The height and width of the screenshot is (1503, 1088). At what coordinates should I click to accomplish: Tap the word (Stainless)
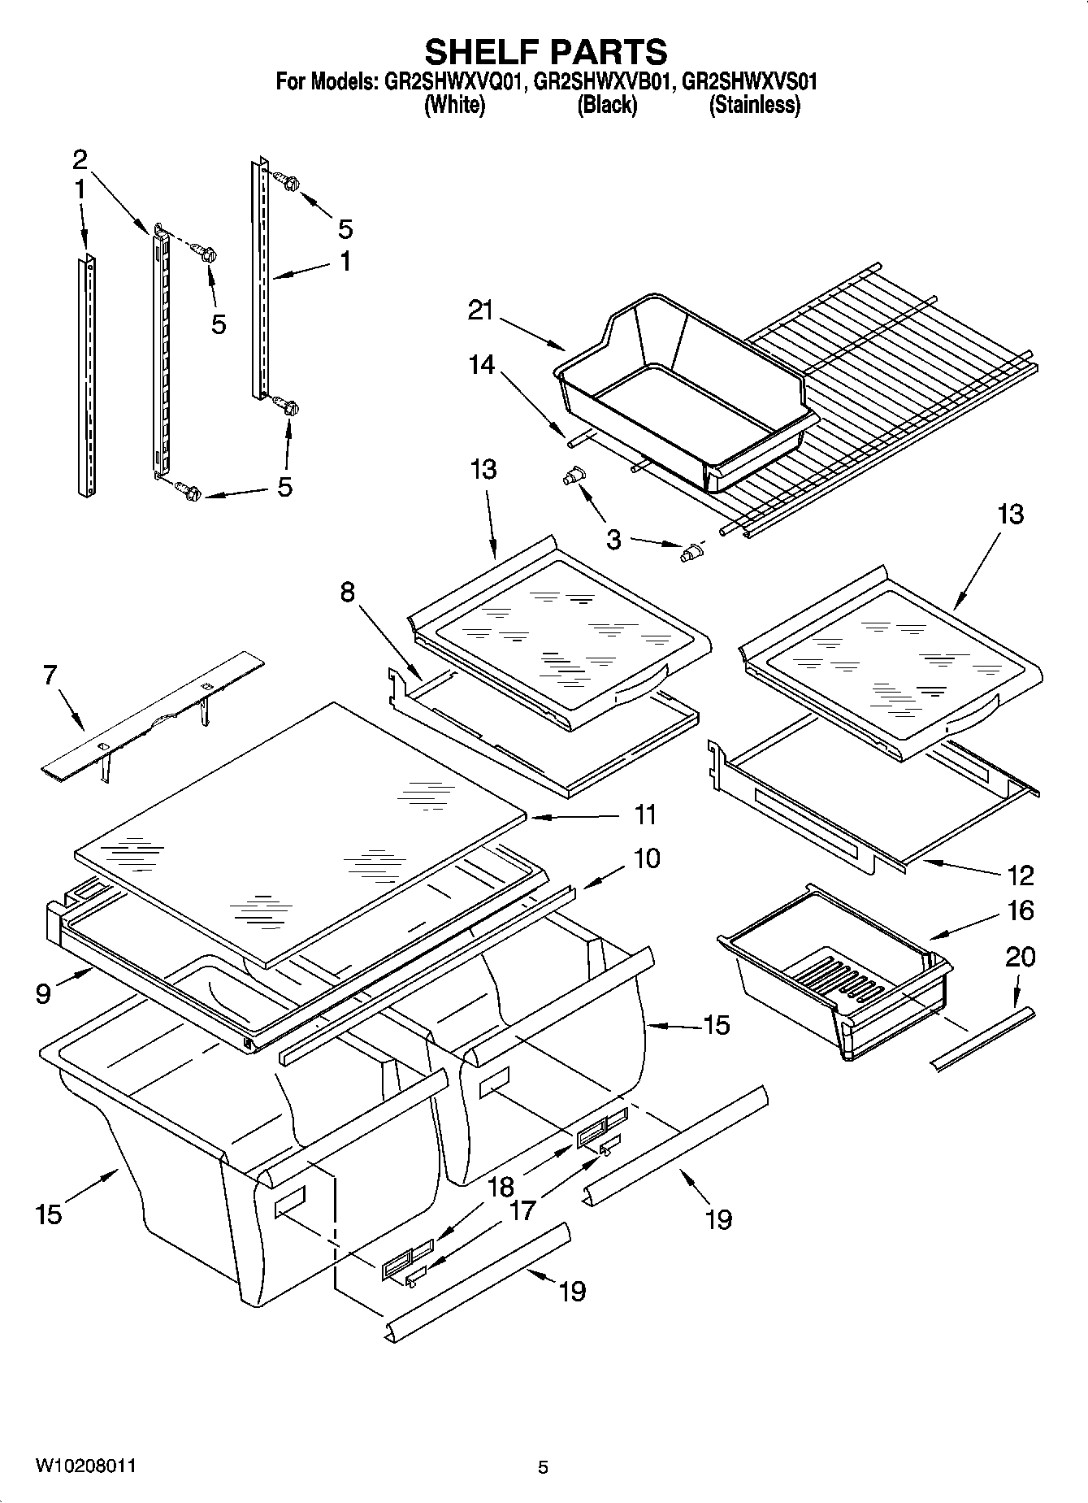[x=754, y=105]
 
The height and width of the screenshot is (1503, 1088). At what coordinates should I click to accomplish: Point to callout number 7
[x=50, y=675]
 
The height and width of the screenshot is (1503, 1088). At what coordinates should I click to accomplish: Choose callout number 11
[x=646, y=814]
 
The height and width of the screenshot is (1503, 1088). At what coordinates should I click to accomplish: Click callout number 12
[x=1020, y=875]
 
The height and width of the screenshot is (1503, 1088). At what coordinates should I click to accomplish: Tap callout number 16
[x=1020, y=910]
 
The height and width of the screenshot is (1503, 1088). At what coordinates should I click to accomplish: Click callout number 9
[x=43, y=993]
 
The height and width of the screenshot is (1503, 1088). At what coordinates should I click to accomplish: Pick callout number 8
[x=348, y=593]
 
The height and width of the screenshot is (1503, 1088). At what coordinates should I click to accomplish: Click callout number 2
[x=80, y=158]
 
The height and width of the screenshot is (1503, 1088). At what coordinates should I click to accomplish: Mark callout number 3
[x=613, y=538]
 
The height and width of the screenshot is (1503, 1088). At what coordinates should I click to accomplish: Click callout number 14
[x=481, y=364]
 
